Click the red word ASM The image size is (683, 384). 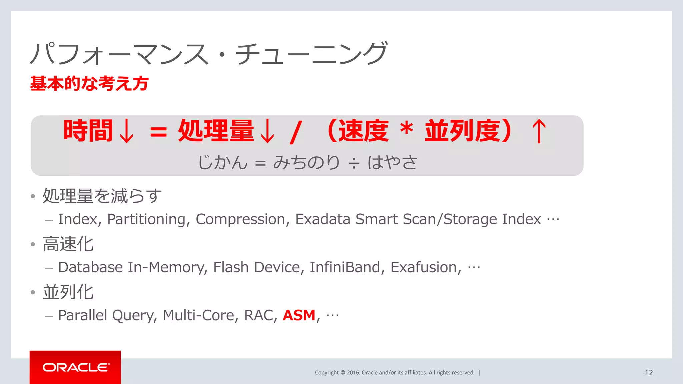click(299, 315)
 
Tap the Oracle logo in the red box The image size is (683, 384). click(76, 367)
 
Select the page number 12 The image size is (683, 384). click(649, 373)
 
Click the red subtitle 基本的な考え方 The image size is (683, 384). click(89, 83)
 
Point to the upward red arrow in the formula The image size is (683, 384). click(539, 131)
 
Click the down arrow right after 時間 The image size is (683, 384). click(126, 131)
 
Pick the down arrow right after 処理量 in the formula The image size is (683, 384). click(267, 131)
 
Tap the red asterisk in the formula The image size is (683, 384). click(407, 129)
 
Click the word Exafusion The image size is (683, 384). click(426, 267)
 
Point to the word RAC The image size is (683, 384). click(260, 315)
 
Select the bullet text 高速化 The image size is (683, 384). click(68, 244)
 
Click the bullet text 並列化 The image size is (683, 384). click(68, 292)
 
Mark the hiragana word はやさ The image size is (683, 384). click(392, 163)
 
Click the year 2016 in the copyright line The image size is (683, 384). click(353, 373)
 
